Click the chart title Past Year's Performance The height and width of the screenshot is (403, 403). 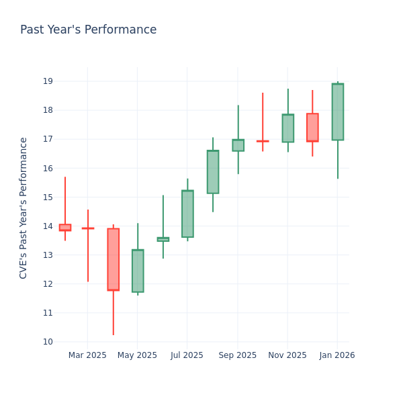(x=88, y=30)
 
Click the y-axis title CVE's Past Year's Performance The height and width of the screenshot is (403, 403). (x=24, y=208)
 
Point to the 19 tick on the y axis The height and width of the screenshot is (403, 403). (x=48, y=81)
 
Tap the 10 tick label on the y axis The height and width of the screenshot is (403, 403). (x=48, y=342)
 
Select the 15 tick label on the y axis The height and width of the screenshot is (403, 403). (x=48, y=197)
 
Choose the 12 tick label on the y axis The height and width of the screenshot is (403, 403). (x=48, y=284)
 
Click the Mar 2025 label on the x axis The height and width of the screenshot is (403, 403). (x=87, y=355)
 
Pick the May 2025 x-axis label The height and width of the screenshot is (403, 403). (x=137, y=355)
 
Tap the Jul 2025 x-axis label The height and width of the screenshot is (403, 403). (x=187, y=355)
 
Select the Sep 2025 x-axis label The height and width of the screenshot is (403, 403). (x=237, y=355)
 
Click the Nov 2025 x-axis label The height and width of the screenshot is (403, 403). (x=287, y=355)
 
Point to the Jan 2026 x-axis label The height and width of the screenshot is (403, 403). (x=337, y=355)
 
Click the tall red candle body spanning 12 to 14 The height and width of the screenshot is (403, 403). (x=113, y=259)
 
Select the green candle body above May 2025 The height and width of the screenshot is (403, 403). (x=138, y=271)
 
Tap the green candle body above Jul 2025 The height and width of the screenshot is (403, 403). (x=187, y=214)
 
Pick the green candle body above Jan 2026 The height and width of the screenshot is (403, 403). (x=337, y=111)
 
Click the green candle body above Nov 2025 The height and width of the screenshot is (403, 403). (x=287, y=128)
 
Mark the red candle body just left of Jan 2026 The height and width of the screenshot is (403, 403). (x=312, y=127)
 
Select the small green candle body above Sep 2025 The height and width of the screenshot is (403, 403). (x=238, y=145)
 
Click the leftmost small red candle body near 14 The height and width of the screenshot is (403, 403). (x=64, y=228)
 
